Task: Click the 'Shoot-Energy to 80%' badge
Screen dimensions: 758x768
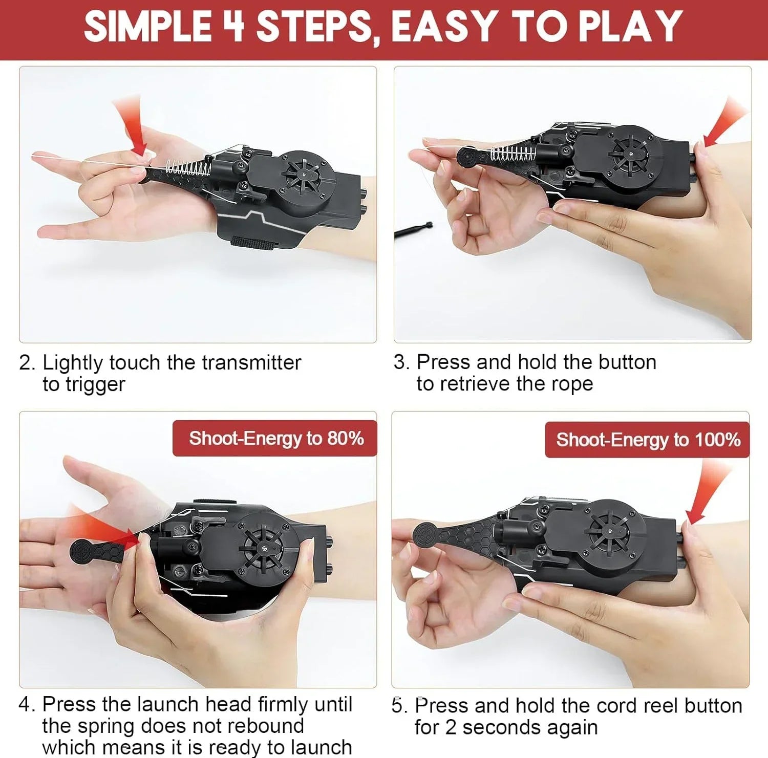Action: click(275, 438)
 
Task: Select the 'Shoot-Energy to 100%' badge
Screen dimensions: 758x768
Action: click(648, 440)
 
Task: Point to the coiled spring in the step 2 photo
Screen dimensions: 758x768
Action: click(188, 167)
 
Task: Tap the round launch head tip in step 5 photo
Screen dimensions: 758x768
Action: click(425, 534)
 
